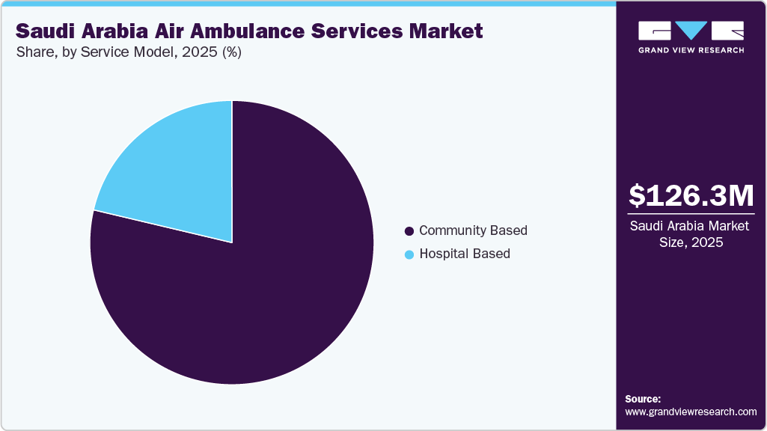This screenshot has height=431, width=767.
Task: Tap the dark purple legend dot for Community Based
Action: click(x=409, y=231)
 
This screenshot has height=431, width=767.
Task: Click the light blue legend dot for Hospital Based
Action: click(x=409, y=254)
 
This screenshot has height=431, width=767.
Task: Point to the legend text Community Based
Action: click(x=473, y=230)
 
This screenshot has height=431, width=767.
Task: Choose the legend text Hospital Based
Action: click(x=465, y=254)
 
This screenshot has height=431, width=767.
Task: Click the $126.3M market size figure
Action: click(x=691, y=195)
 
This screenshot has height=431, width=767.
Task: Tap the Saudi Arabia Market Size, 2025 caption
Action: click(x=691, y=234)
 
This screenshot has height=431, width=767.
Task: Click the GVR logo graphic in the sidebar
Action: click(x=691, y=31)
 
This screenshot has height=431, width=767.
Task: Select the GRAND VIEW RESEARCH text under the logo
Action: click(x=691, y=50)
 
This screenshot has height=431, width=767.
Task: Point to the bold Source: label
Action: click(x=643, y=399)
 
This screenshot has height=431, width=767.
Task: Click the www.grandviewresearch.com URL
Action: click(x=691, y=412)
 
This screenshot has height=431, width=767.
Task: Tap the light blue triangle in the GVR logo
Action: click(x=691, y=30)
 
